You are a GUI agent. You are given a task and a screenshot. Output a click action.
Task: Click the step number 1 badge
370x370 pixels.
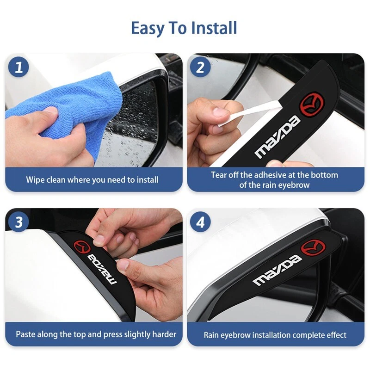18,67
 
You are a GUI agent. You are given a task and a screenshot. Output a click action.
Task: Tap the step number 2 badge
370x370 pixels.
200,67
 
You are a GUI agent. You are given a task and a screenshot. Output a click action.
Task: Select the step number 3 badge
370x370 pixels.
18,222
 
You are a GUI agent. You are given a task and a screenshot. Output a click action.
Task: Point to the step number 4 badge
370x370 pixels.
200,222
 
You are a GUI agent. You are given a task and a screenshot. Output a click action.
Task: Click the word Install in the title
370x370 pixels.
214,28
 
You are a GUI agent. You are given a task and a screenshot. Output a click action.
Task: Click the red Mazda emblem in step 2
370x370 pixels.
312,105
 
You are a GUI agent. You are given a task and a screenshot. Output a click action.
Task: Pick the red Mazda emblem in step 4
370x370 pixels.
314,248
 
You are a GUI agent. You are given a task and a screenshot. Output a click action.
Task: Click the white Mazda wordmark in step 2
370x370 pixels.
277,137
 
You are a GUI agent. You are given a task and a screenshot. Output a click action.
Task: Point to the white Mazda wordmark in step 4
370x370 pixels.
277,271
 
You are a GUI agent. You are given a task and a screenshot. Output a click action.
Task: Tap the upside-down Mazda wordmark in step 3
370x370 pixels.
102,269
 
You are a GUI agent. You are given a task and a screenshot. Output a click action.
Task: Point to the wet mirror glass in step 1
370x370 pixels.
132,125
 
